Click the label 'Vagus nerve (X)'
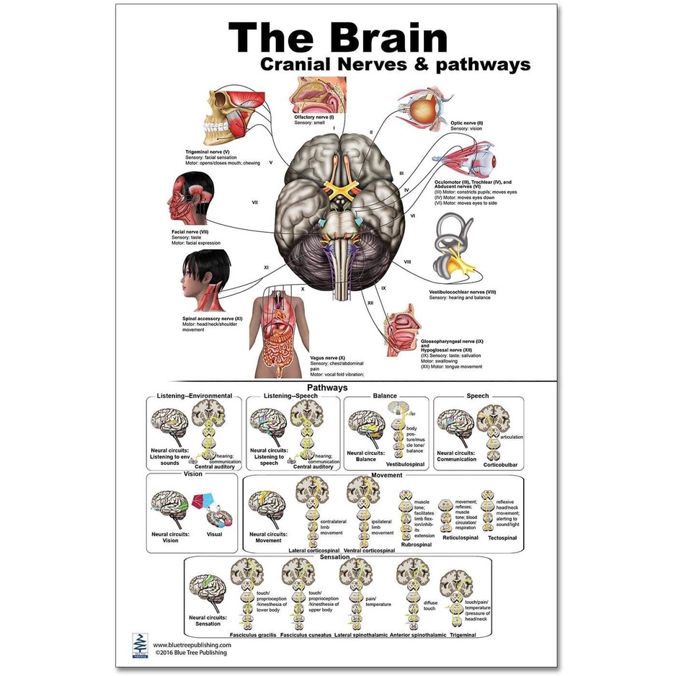(328, 359)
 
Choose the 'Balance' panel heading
(385, 396)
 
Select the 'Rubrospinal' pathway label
(416, 545)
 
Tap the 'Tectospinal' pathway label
(502, 538)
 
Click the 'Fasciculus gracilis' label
(252, 635)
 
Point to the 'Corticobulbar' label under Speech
(499, 465)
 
